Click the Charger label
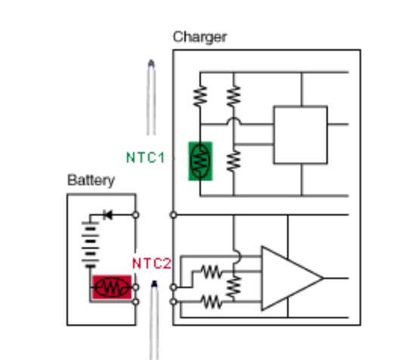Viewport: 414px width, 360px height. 199,37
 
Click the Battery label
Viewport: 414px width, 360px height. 91,180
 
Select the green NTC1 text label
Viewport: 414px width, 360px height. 146,157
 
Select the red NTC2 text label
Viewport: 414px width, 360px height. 152,263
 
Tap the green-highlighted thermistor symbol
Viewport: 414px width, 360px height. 200,161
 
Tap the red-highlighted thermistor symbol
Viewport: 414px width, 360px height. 112,287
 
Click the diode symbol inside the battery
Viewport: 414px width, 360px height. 108,215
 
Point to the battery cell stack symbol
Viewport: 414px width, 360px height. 91,245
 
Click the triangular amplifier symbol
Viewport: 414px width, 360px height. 292,278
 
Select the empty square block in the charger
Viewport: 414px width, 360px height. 301,135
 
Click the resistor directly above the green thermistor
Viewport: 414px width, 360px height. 200,96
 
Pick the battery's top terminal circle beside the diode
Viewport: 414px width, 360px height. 135,215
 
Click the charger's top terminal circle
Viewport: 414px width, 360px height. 173,215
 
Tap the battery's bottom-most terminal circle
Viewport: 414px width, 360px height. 135,302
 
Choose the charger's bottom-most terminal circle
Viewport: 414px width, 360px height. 173,302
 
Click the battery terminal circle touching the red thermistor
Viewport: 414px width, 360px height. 135,287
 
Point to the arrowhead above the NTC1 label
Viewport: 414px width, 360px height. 151,64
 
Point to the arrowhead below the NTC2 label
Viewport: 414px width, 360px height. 154,284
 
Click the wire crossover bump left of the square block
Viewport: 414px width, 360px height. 233,120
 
